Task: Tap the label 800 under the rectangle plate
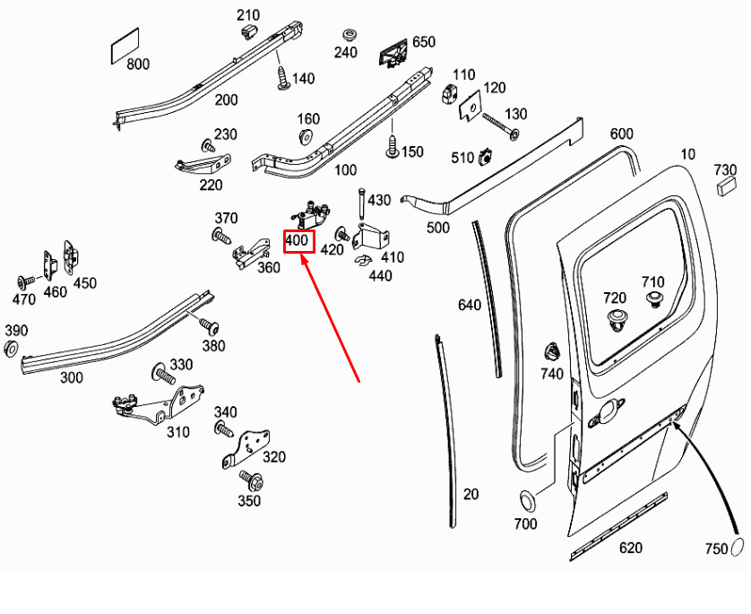tap(138, 65)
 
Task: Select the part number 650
tap(423, 42)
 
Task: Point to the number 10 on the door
tap(687, 154)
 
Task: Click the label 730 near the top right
tap(725, 170)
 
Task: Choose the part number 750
tap(717, 549)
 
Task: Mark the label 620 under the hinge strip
tap(631, 549)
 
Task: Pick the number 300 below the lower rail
tap(72, 377)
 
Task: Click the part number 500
tap(437, 228)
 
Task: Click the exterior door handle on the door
tap(606, 411)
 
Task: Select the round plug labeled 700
tap(526, 500)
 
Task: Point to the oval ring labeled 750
tap(739, 548)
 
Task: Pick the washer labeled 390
tap(11, 348)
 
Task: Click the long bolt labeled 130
tap(502, 127)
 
